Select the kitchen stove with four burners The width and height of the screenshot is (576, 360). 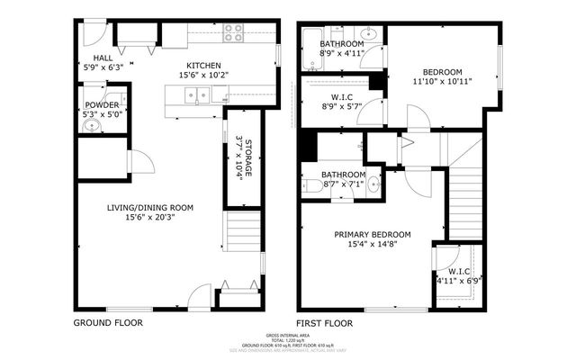click(233, 33)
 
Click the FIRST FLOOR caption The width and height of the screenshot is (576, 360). click(325, 322)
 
